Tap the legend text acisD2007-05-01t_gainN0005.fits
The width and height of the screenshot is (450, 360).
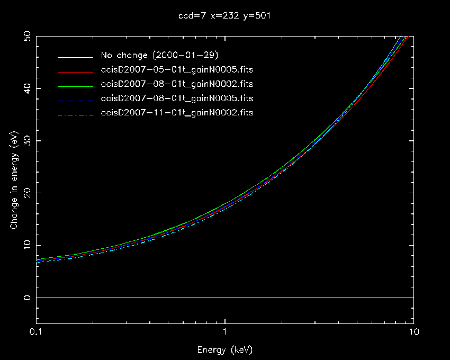(x=177, y=70)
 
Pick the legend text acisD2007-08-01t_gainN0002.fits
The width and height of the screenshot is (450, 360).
(x=177, y=84)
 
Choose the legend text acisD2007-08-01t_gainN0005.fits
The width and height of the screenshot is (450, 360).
(x=177, y=98)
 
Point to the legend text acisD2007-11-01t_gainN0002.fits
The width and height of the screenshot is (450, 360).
(x=177, y=113)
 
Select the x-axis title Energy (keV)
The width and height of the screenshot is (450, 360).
(x=224, y=349)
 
